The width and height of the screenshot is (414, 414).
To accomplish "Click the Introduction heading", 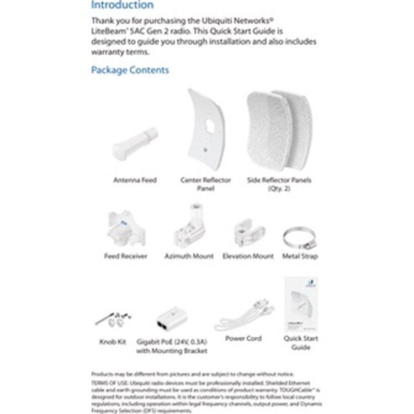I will pos(122,5).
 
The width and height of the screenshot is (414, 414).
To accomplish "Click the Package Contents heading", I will pos(130,70).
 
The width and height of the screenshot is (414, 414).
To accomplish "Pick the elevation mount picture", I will pos(248,232).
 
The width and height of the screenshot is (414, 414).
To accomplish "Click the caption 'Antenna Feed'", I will pos(135,180).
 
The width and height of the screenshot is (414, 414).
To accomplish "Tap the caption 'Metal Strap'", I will pos(300,256).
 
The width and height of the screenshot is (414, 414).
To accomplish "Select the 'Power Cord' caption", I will pos(243,338).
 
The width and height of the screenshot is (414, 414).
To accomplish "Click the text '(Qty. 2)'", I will pos(279,188).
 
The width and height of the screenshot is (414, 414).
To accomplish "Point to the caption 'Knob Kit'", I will pos(112,342).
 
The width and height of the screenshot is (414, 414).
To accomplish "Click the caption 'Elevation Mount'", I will pos(248,256).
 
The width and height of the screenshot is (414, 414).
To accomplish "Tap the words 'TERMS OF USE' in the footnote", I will pos(108,383).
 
